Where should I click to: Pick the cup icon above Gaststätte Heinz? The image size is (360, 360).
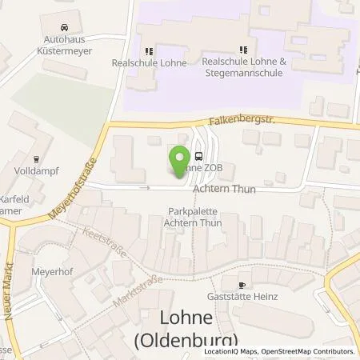click(x=243, y=284)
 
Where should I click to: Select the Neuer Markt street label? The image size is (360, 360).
click(x=11, y=286)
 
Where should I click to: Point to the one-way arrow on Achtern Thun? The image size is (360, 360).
click(x=144, y=188)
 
